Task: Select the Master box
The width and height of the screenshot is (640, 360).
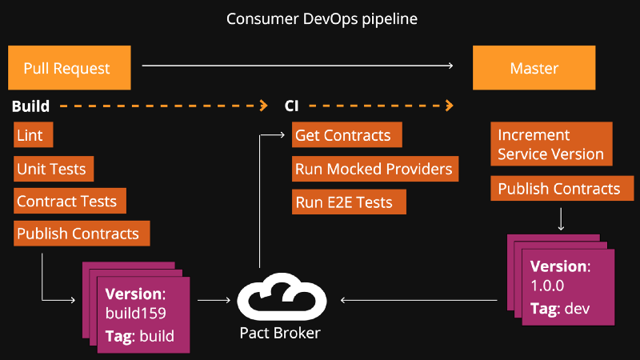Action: [x=534, y=68]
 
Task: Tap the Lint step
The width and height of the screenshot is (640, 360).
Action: [x=33, y=135]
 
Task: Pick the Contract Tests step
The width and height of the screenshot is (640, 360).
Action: [x=70, y=202]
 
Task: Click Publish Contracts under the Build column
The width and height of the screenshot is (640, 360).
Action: [x=81, y=234]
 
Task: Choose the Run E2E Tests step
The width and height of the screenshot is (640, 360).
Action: [x=349, y=202]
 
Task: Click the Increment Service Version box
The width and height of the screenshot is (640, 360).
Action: [x=551, y=144]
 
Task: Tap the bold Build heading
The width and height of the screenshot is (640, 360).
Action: [x=31, y=106]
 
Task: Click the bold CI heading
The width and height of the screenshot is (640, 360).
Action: [x=292, y=106]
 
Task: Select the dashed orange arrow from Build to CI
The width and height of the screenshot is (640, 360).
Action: [x=163, y=105]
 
